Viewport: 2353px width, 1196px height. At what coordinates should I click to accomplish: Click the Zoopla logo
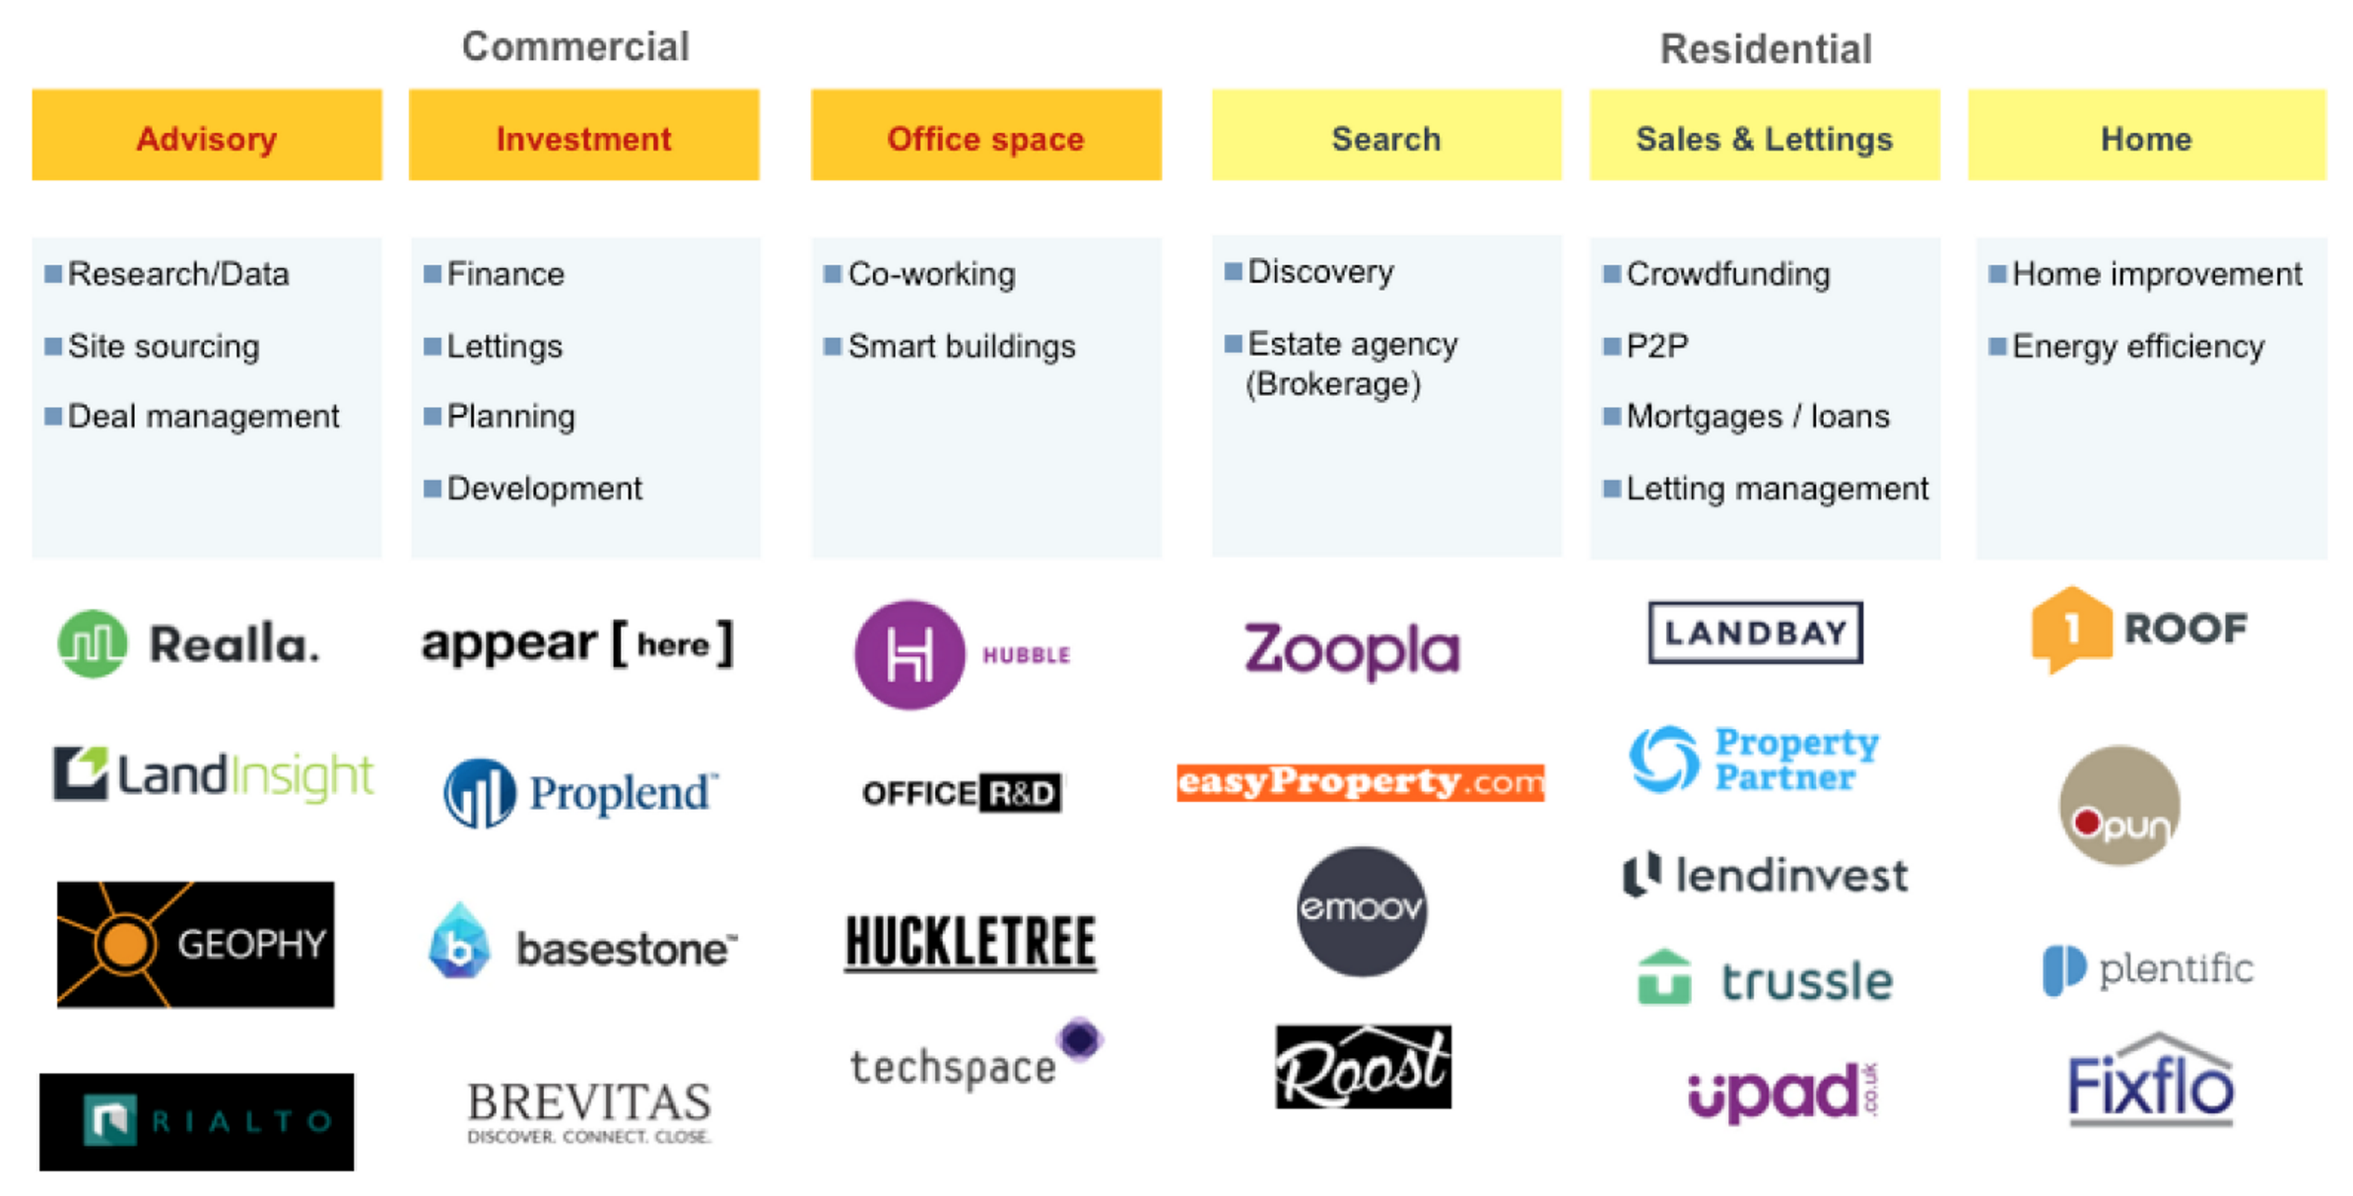coord(1351,649)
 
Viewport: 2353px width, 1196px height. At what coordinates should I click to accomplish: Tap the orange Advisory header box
coord(207,136)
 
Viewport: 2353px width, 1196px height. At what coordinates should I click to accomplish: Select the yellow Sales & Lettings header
coord(1764,136)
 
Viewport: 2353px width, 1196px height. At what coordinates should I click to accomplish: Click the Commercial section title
coord(575,46)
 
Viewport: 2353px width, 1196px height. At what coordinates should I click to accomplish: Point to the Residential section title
coord(1766,48)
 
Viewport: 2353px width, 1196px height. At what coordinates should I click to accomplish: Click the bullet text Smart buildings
coord(961,347)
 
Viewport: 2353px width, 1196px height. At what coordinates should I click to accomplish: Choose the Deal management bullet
coord(203,417)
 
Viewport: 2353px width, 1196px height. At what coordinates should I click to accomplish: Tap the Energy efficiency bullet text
coord(2137,347)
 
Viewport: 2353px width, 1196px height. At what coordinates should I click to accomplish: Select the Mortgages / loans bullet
coord(1757,417)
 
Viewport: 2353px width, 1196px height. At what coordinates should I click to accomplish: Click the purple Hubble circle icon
coord(908,655)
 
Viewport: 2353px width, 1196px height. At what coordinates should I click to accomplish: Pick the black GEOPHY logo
coord(195,944)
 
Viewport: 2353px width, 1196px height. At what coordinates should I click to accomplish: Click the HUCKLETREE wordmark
coord(971,942)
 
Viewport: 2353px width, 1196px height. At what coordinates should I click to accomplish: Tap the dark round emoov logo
coord(1361,910)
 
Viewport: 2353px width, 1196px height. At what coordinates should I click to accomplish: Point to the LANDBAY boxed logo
coord(1755,632)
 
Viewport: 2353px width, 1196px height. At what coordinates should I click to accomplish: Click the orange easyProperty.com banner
coord(1360,782)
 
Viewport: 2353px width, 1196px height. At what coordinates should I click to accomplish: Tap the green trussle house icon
coord(1664,977)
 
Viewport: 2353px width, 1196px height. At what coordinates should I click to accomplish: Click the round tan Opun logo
coord(2119,806)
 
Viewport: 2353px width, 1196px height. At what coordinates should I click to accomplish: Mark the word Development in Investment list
coord(544,489)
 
